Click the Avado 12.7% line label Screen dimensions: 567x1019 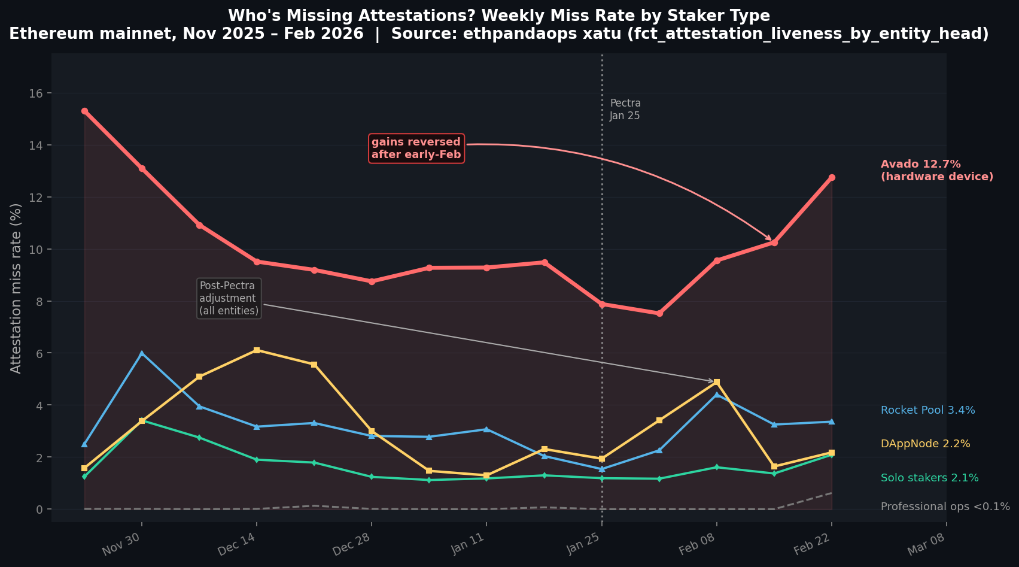(x=936, y=171)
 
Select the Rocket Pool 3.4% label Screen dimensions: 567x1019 (x=927, y=410)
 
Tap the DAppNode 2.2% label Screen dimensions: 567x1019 (x=925, y=444)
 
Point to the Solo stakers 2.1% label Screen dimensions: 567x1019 (x=929, y=478)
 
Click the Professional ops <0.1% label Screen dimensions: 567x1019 (x=945, y=507)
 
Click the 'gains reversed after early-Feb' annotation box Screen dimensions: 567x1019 (x=416, y=148)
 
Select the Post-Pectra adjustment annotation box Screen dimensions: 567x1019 (x=229, y=298)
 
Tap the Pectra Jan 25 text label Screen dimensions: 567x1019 (x=625, y=110)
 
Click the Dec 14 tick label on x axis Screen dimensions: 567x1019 (x=236, y=544)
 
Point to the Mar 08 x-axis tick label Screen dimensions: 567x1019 (x=926, y=544)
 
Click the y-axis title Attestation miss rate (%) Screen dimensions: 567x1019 (x=16, y=288)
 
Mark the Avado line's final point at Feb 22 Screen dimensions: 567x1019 (x=831, y=178)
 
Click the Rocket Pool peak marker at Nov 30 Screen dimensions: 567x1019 (x=142, y=353)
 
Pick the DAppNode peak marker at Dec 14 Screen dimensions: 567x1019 (x=257, y=350)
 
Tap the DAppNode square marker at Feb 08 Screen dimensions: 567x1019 (x=716, y=382)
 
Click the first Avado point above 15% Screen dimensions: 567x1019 (x=84, y=111)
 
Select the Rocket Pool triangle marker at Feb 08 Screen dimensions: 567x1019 (x=716, y=395)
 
